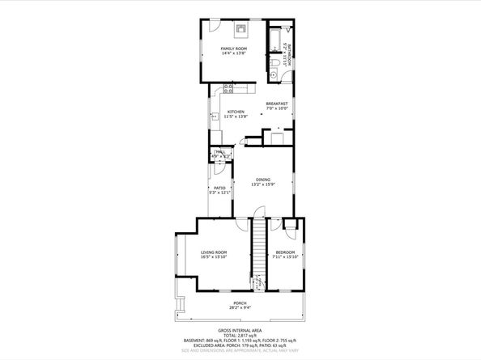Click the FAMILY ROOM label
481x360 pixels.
234,49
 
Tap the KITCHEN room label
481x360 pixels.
236,112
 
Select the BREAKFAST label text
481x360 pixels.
277,104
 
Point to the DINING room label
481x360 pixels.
263,179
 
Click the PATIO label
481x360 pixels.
219,187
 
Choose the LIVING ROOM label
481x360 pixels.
214,252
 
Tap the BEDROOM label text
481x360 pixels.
283,252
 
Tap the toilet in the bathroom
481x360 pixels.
275,62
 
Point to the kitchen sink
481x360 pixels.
215,117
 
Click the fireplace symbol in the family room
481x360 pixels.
240,30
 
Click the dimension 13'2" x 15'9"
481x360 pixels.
263,184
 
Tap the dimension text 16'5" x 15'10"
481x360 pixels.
214,258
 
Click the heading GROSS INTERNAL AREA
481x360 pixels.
240,331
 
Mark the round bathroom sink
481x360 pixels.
274,74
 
